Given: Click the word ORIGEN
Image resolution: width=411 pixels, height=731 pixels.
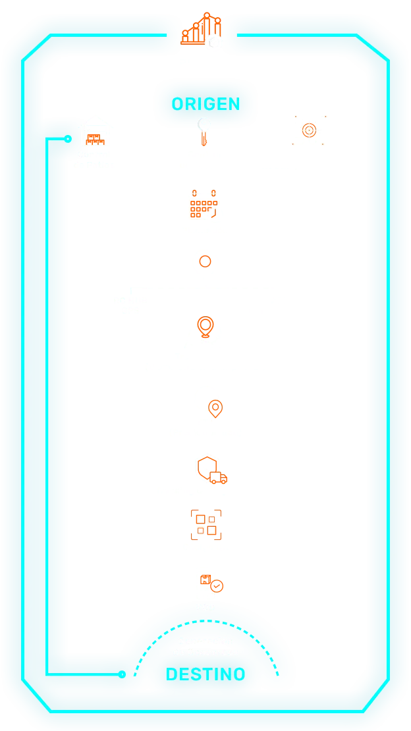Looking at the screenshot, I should (205, 104).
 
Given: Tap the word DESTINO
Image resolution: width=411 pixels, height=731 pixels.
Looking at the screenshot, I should (205, 674).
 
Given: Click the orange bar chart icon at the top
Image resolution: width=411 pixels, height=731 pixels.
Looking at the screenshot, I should (202, 30).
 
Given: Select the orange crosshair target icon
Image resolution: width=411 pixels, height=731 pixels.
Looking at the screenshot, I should (308, 130).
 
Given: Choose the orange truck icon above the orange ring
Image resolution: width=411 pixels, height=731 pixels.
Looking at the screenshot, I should (203, 205).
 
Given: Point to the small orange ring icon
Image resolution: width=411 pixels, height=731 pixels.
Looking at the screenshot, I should (205, 261).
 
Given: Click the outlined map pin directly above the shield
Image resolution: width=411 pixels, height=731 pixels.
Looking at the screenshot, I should (215, 409).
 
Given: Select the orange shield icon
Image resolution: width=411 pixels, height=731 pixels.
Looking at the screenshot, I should (207, 468).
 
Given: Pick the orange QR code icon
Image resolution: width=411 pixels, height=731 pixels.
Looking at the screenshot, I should (205, 524).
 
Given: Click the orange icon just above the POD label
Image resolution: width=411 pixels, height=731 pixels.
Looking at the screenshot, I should (212, 583).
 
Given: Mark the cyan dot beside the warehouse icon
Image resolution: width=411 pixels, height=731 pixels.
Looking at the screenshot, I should (68, 139).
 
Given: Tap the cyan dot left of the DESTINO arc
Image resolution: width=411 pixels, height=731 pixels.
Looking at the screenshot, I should (122, 674).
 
